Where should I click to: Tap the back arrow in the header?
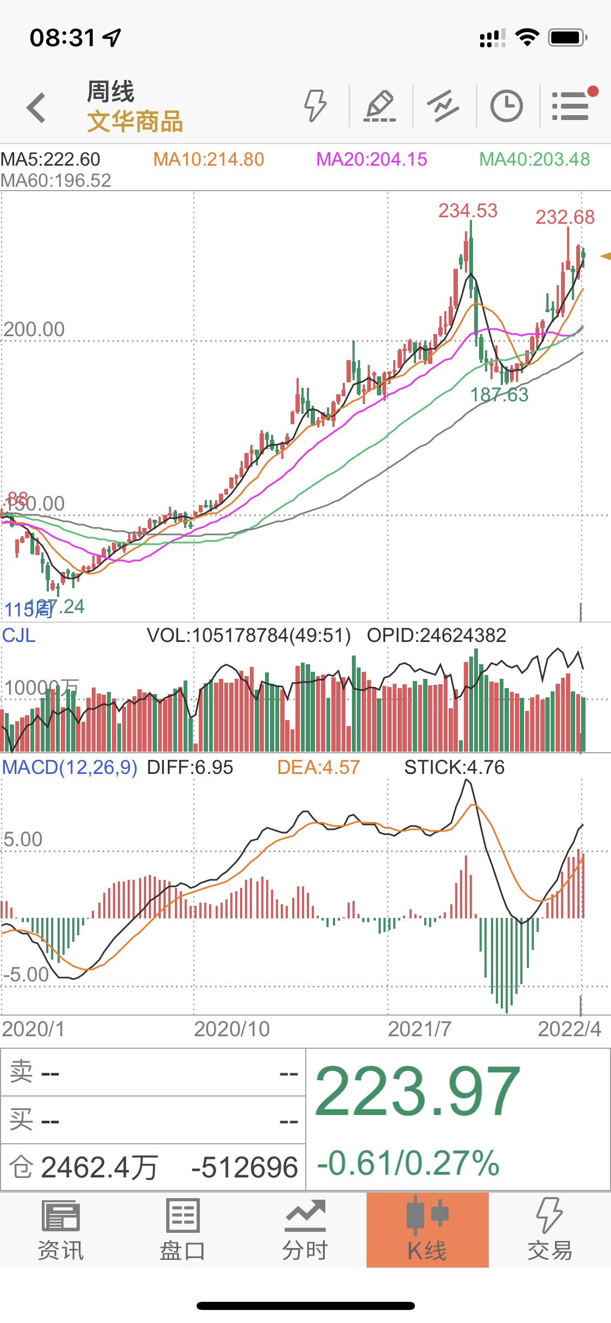click(36, 107)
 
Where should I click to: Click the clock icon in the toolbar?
click(506, 106)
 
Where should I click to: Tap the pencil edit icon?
click(380, 106)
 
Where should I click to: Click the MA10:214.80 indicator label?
click(209, 159)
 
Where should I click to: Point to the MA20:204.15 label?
click(371, 159)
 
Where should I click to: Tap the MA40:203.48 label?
click(534, 159)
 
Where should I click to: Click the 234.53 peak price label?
click(468, 211)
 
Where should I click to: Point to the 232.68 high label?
click(565, 217)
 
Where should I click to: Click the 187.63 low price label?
click(499, 395)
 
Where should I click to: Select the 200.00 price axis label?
click(34, 329)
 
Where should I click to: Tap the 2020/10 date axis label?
click(232, 1029)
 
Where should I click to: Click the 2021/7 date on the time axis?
click(419, 1029)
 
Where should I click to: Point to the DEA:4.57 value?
click(318, 767)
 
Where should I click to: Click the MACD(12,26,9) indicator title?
click(70, 767)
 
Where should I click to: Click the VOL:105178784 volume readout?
click(249, 635)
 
